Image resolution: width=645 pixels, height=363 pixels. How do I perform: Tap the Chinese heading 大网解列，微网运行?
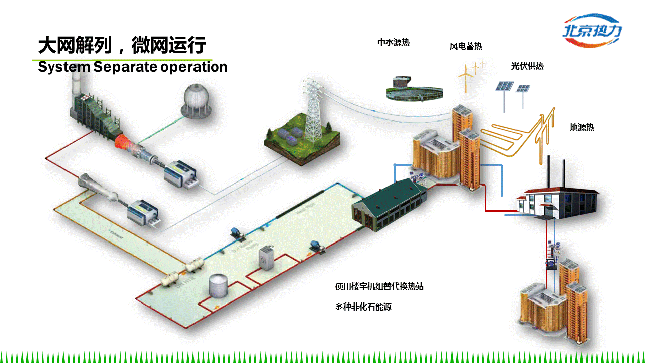pyautogui.click(x=122, y=46)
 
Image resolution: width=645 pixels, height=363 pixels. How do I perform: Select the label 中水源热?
pyautogui.click(x=394, y=43)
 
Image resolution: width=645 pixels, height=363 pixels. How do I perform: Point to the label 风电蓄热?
pyautogui.click(x=466, y=47)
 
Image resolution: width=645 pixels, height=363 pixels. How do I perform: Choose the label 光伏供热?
pyautogui.click(x=528, y=66)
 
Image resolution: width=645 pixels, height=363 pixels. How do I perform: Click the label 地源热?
pyautogui.click(x=582, y=128)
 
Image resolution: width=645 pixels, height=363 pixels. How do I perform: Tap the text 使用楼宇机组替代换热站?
pyautogui.click(x=379, y=287)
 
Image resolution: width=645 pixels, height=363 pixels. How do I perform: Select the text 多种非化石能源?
pyautogui.click(x=363, y=307)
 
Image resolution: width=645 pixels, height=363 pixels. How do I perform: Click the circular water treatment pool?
pyautogui.click(x=414, y=91)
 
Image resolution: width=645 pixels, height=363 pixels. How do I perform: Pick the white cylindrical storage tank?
pyautogui.click(x=218, y=286)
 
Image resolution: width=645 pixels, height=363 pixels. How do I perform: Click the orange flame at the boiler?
pyautogui.click(x=124, y=141)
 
